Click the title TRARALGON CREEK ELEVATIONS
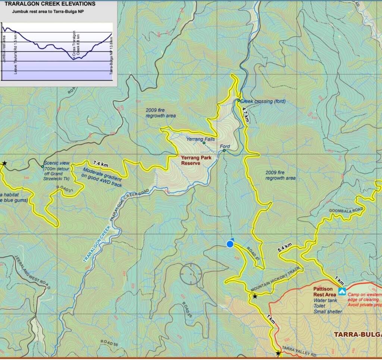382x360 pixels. (50, 4)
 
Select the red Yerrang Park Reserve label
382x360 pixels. (196, 160)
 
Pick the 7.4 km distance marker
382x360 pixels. (100, 164)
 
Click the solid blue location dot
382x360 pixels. (230, 244)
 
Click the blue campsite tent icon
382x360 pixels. (341, 291)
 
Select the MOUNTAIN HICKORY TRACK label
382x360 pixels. (275, 280)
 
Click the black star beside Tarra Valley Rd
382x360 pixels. (278, 353)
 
